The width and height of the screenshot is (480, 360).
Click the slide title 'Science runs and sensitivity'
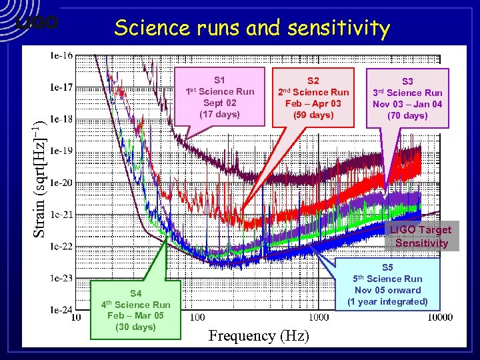point(251,27)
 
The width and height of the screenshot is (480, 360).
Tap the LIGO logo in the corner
point(37,23)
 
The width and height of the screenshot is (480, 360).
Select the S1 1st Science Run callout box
point(221,97)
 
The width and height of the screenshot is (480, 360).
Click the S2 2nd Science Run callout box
point(313,97)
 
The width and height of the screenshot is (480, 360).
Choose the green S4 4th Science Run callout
point(136,310)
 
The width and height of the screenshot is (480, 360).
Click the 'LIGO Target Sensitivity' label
point(421,236)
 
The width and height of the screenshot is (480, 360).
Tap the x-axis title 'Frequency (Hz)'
point(259,335)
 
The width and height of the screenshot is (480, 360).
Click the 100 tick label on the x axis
point(197,317)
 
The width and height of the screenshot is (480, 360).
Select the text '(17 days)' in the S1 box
point(219,114)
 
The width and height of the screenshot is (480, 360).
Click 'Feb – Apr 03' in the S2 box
point(313,103)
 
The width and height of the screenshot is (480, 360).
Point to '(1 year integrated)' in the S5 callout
point(387,301)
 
